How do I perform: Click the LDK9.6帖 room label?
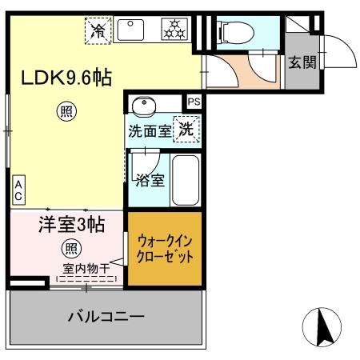[x=66, y=78]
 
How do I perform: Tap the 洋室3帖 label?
[x=72, y=225]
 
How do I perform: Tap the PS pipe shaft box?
[x=194, y=102]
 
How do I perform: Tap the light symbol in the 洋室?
[x=71, y=248]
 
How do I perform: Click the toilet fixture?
[x=235, y=33]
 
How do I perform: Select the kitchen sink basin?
[x=129, y=30]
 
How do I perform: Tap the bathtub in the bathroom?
[x=186, y=180]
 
